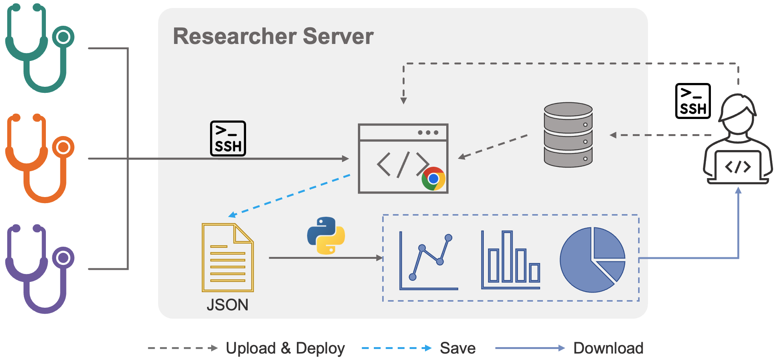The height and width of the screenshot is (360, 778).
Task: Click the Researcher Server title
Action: pos(273,36)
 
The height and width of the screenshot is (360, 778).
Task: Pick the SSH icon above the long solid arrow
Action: pos(228,139)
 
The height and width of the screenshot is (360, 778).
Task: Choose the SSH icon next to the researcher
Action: pos(693,101)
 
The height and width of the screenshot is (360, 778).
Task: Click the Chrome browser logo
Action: pos(433,178)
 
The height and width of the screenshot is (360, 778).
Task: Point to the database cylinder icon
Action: pos(568,135)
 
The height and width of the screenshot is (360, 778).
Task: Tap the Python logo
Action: pos(326,235)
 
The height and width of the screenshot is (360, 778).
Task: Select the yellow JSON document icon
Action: pos(227,258)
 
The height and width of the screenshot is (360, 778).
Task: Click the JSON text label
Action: pos(227,305)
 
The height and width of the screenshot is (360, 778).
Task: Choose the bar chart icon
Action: pos(511,260)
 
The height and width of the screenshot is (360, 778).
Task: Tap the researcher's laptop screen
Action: pos(737,166)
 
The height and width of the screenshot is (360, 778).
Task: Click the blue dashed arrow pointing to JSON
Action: pos(290,196)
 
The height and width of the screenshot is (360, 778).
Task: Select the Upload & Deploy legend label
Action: pos(285,348)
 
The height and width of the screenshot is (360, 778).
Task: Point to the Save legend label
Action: pos(458,348)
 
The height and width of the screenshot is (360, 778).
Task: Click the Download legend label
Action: pos(608,348)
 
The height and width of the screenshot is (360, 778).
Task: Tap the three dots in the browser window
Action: pos(428,133)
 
